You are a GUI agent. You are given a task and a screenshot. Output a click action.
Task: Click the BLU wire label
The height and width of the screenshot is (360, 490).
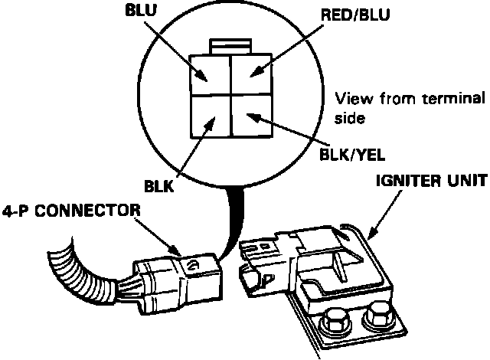pos(141,10)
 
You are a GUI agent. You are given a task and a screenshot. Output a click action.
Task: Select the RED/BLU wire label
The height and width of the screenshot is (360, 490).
pos(355,15)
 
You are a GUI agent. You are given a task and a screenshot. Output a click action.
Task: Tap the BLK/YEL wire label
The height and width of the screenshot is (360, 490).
pos(352,155)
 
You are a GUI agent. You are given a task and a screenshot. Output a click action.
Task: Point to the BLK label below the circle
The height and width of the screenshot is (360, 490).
pos(158,187)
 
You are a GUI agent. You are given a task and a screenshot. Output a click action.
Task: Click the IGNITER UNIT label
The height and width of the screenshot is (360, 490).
pos(432,181)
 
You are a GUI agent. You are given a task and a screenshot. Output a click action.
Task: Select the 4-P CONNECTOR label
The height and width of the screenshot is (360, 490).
pos(71,211)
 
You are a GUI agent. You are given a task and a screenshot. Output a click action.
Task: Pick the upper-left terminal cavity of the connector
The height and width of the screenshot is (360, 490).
pos(211,75)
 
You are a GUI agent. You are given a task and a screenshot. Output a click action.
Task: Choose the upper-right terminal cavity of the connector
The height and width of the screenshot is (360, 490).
pos(251,74)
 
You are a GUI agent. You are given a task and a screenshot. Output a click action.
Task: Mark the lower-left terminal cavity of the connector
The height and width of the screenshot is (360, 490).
pos(211,116)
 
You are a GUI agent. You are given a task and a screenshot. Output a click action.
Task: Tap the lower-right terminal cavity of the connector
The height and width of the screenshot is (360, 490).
pos(252,116)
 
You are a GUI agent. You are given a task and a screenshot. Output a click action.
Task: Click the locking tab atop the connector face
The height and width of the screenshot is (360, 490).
pos(230,46)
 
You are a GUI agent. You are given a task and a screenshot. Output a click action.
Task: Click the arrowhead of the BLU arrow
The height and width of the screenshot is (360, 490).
pos(201,76)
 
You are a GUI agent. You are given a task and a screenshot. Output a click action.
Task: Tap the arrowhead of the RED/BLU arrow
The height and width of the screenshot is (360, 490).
pos(256,71)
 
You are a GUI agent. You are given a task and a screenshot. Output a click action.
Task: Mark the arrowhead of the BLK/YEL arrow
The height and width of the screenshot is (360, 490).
pos(253,118)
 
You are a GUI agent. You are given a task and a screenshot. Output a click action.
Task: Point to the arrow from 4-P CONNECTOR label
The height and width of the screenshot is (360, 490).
pos(158,237)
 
